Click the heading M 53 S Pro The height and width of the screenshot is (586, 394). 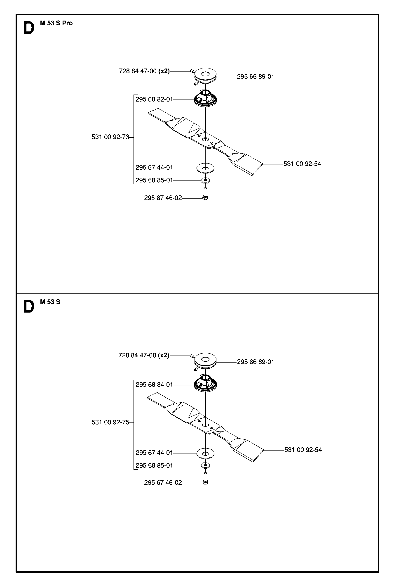click(x=56, y=23)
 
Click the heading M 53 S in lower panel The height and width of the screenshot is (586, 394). click(x=50, y=302)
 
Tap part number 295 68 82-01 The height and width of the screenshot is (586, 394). click(x=154, y=99)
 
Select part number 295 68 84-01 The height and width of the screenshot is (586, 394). click(x=154, y=384)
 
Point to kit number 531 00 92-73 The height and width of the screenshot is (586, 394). click(x=110, y=137)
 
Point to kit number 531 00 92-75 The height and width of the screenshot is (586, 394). click(x=110, y=422)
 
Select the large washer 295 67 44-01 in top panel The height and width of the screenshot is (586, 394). click(x=205, y=168)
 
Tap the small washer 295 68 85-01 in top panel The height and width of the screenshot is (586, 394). click(x=205, y=180)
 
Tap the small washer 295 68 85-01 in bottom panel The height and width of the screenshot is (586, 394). click(x=205, y=465)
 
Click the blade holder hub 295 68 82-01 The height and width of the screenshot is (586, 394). click(x=205, y=99)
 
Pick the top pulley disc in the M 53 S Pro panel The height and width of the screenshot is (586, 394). click(x=205, y=75)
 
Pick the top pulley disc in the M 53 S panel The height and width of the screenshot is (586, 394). click(x=205, y=360)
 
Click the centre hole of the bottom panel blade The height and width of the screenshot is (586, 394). click(x=205, y=425)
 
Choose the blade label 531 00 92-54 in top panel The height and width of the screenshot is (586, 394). click(x=302, y=164)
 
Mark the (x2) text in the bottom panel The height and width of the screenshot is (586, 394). click(x=164, y=355)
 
